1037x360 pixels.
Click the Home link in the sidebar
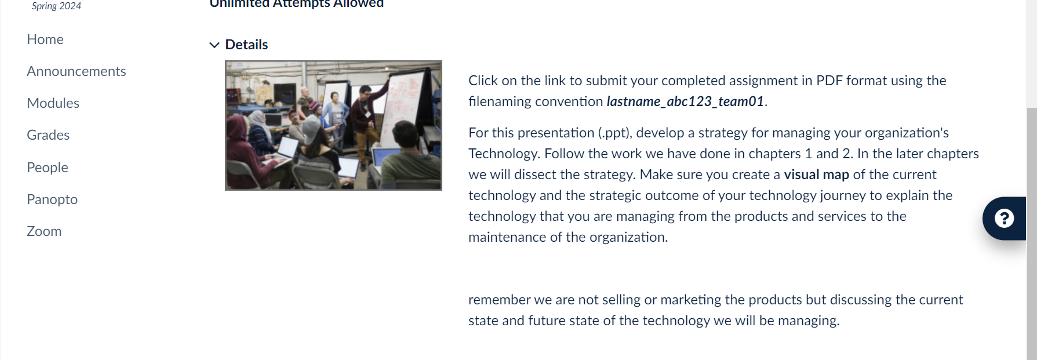click(45, 39)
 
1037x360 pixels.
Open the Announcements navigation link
click(77, 71)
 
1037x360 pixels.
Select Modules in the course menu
click(53, 103)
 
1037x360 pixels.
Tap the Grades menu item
click(48, 135)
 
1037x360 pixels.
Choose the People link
click(48, 168)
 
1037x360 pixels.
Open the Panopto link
click(52, 199)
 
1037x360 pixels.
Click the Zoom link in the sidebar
click(44, 231)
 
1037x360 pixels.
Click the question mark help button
click(1004, 219)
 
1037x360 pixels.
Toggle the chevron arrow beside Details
click(214, 45)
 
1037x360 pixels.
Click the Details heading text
click(246, 45)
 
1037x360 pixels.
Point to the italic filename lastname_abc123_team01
click(685, 101)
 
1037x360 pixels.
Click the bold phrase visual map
click(816, 174)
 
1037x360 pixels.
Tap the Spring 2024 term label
click(56, 6)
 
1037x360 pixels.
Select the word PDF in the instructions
click(829, 81)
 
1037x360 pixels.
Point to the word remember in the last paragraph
click(499, 300)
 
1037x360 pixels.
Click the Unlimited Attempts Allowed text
click(297, 3)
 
